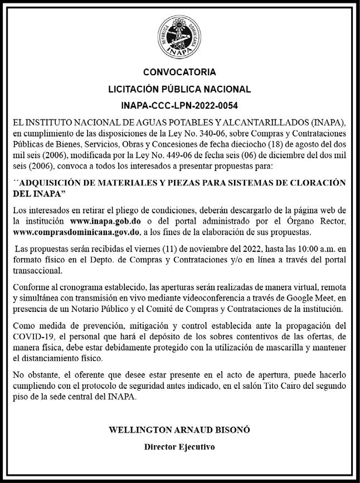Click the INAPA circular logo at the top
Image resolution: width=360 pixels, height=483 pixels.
click(179, 35)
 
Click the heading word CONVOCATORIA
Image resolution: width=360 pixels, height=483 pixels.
click(179, 72)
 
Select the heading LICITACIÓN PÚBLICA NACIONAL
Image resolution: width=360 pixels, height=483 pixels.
click(179, 89)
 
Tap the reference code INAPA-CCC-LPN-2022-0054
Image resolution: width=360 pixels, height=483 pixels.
click(179, 105)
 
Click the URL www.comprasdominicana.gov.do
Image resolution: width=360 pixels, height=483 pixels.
click(74, 232)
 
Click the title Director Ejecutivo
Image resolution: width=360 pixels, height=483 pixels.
click(179, 447)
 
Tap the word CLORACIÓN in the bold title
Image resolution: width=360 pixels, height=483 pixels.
click(317, 183)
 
